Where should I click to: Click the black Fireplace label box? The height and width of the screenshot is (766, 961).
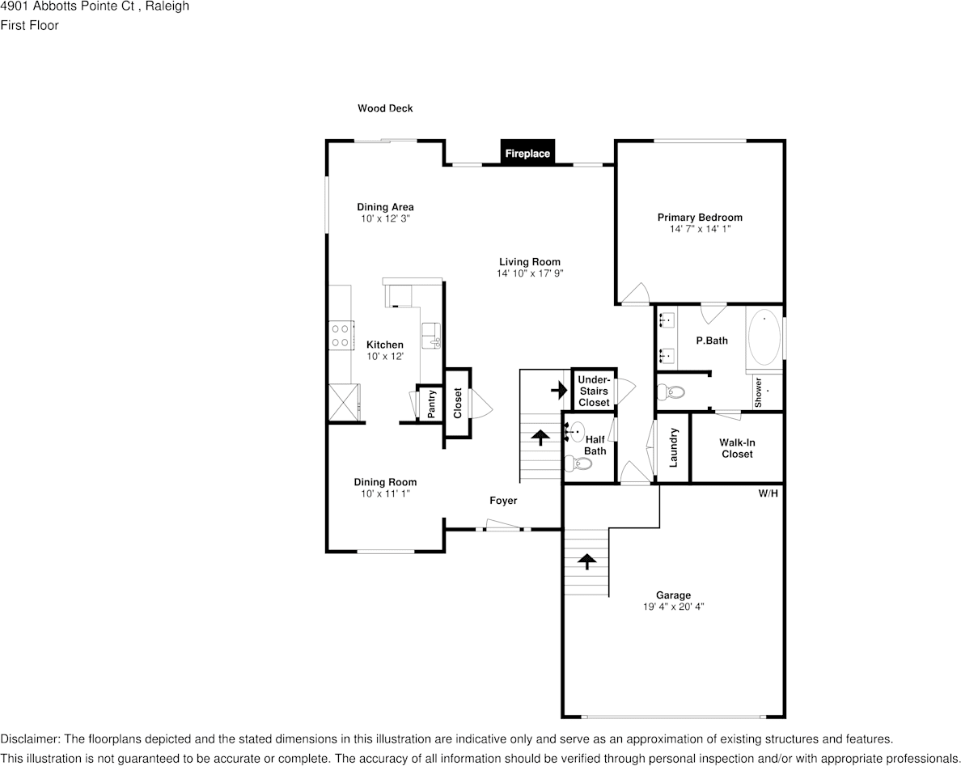(527, 153)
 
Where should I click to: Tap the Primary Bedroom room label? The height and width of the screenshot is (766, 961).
(700, 218)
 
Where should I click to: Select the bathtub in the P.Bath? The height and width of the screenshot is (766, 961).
(764, 339)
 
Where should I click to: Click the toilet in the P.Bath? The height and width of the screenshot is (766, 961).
(671, 392)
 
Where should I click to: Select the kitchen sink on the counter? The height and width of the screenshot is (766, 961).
(431, 334)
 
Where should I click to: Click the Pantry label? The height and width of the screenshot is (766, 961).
(431, 404)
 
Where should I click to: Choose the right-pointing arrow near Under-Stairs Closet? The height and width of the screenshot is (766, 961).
(559, 391)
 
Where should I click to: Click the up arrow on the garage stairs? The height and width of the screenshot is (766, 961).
(586, 559)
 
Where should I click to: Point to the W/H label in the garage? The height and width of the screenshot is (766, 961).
(768, 493)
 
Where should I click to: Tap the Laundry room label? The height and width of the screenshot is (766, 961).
(673, 447)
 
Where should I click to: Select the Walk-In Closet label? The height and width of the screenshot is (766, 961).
(737, 448)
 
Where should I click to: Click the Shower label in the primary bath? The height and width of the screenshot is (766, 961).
(759, 392)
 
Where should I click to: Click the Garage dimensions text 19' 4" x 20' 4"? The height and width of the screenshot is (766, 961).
(673, 606)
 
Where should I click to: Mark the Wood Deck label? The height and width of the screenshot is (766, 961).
(385, 108)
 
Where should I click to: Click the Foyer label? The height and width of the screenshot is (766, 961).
(503, 501)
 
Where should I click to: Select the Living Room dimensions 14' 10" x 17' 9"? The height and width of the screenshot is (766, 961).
(530, 273)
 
